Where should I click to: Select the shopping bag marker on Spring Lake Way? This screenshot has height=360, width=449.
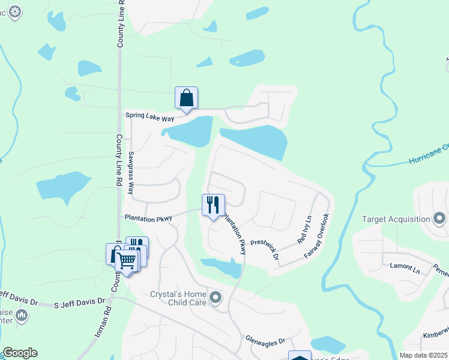pyautogui.click(x=186, y=98)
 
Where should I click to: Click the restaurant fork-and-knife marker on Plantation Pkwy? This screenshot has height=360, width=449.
pyautogui.click(x=212, y=205)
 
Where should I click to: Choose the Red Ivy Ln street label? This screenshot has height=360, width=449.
pyautogui.click(x=304, y=230)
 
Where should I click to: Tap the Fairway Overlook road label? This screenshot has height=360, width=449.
pyautogui.click(x=317, y=236)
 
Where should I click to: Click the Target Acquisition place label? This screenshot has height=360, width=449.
pyautogui.click(x=396, y=219)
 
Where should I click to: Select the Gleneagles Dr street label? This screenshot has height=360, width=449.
pyautogui.click(x=265, y=340)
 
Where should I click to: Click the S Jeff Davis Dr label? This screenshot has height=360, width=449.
pyautogui.click(x=79, y=301)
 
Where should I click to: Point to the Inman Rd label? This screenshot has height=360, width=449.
pyautogui.click(x=100, y=323)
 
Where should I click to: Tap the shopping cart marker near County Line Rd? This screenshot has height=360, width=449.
pyautogui.click(x=127, y=261)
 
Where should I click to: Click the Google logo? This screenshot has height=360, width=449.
pyautogui.click(x=20, y=353)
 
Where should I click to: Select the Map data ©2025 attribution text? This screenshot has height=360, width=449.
pyautogui.click(x=423, y=355)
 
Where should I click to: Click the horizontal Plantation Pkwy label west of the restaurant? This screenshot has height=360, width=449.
pyautogui.click(x=148, y=218)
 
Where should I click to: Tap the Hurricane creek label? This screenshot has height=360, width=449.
pyautogui.click(x=429, y=154)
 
